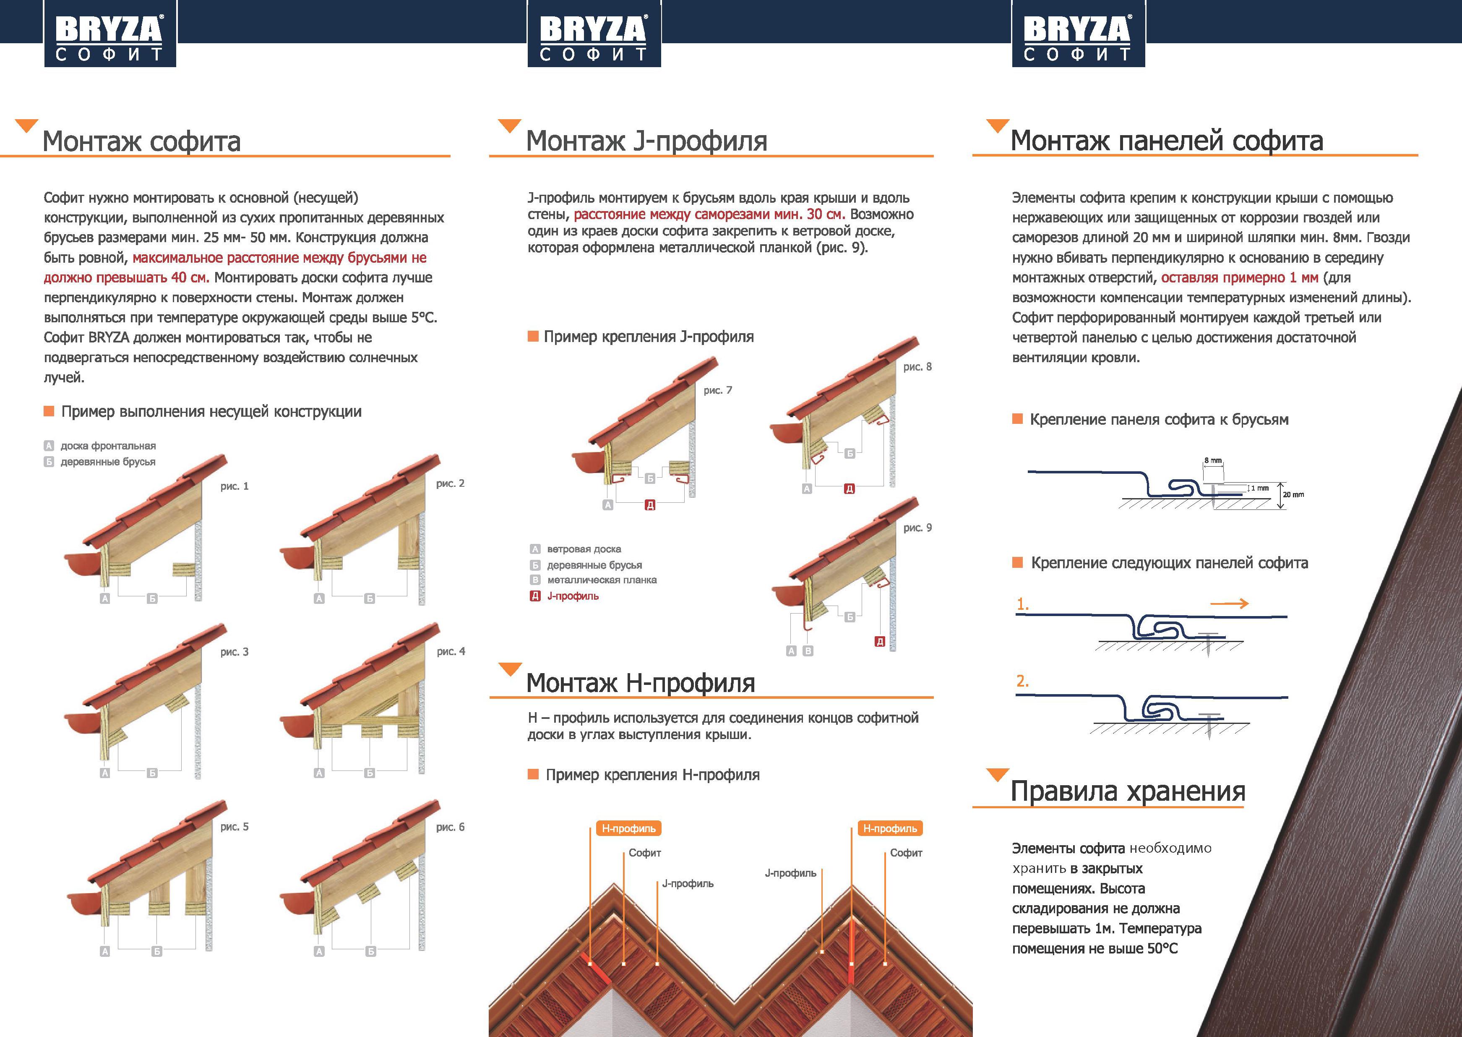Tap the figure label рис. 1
point(234,486)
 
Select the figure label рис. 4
point(451,651)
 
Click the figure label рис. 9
point(917,528)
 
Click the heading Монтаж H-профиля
point(640,683)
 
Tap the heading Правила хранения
point(1128,791)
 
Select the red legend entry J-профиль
point(572,596)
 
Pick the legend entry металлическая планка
point(601,580)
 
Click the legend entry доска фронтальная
point(108,446)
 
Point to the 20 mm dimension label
point(1293,494)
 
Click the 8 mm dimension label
point(1212,460)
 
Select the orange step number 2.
point(1022,681)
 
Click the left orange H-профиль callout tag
point(628,828)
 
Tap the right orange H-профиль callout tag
point(890,828)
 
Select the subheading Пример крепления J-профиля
point(648,337)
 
